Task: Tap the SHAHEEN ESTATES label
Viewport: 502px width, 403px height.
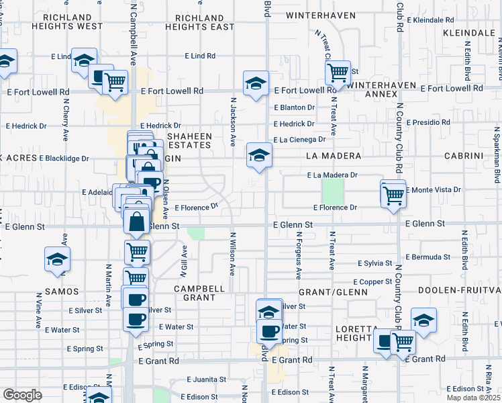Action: pos(190,140)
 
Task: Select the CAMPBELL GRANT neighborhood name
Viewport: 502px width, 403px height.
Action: pos(199,292)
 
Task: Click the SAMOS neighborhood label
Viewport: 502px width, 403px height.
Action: pos(62,292)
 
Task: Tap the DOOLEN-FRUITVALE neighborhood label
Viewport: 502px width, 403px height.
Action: pos(459,290)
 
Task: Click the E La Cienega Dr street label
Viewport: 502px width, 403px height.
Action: pos(299,140)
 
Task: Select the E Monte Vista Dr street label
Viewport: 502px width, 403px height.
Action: pos(434,190)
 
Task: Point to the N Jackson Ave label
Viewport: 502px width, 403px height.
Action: pos(233,122)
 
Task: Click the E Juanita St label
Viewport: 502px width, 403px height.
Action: pos(207,379)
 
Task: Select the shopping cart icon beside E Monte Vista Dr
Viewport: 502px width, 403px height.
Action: pos(393,195)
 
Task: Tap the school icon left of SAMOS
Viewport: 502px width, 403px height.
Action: pos(58,259)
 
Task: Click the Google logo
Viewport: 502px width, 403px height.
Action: pos(22,395)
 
